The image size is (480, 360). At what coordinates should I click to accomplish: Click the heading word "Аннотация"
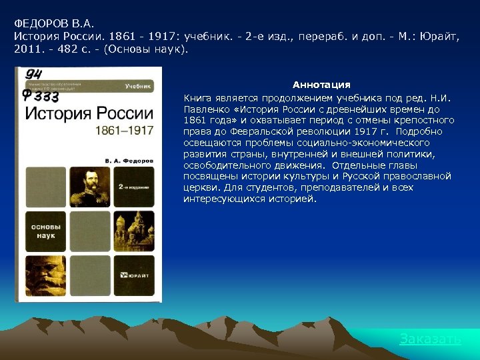pos(321,85)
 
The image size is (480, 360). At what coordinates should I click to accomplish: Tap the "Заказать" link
pos(430,339)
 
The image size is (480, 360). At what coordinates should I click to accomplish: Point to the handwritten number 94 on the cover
pos(35,74)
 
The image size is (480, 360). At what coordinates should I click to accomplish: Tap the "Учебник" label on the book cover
pos(138,87)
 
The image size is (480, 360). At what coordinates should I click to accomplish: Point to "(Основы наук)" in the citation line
pos(154,49)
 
